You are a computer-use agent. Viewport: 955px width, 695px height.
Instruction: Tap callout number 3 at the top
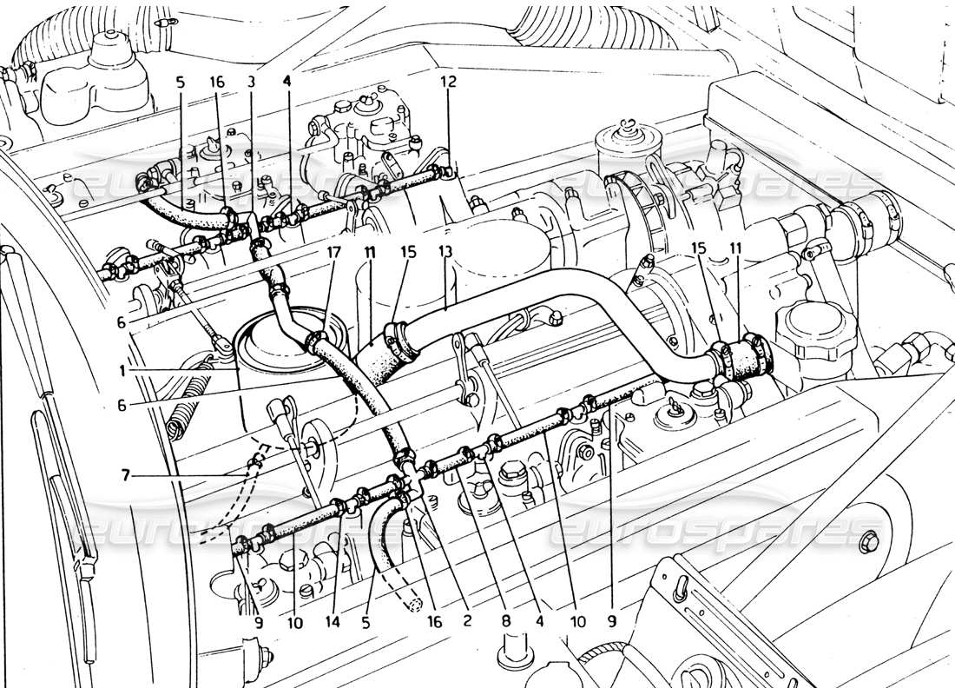[x=251, y=81]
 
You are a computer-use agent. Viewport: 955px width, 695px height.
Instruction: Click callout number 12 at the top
[x=448, y=81]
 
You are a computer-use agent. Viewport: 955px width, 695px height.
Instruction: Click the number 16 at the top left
[x=217, y=81]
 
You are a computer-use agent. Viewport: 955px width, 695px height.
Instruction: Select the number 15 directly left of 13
[x=409, y=252]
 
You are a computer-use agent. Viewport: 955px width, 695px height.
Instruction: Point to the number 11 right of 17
[x=369, y=252]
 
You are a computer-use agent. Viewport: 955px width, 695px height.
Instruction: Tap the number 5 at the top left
[x=180, y=81]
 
